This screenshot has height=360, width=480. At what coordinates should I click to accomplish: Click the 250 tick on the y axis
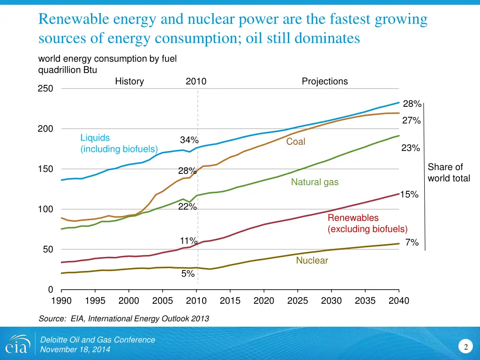pos(45,89)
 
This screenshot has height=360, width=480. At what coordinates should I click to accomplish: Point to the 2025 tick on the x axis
pos(298,300)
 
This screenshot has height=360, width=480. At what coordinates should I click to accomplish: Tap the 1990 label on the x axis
pos(61,300)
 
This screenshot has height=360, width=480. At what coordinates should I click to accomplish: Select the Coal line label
pos(296,142)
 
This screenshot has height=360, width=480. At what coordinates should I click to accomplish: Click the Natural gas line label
pos(315,182)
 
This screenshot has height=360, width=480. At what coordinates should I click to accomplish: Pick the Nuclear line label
pos(312,260)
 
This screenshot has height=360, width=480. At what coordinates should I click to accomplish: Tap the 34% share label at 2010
pos(189,140)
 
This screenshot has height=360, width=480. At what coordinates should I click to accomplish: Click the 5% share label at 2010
pos(188,274)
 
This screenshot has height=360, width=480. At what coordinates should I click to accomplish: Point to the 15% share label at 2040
pos(409,195)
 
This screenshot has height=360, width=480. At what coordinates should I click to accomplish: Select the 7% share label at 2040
pos(412,242)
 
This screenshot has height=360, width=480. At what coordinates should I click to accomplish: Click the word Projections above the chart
pos(325,81)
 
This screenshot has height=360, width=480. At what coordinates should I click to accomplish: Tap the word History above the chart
pos(129,81)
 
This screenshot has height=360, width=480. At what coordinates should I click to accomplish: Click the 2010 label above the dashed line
pos(196,81)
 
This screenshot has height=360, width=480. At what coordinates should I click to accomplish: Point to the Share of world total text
pos(449,172)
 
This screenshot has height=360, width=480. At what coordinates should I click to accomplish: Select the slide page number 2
pos(466,347)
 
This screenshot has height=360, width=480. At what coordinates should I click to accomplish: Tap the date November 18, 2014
pos(75,350)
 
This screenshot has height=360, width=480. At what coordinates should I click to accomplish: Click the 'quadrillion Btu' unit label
pos(67,70)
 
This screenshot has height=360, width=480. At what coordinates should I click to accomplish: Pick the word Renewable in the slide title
pos(73,20)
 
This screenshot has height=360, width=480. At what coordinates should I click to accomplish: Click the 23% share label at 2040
pos(411,148)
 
